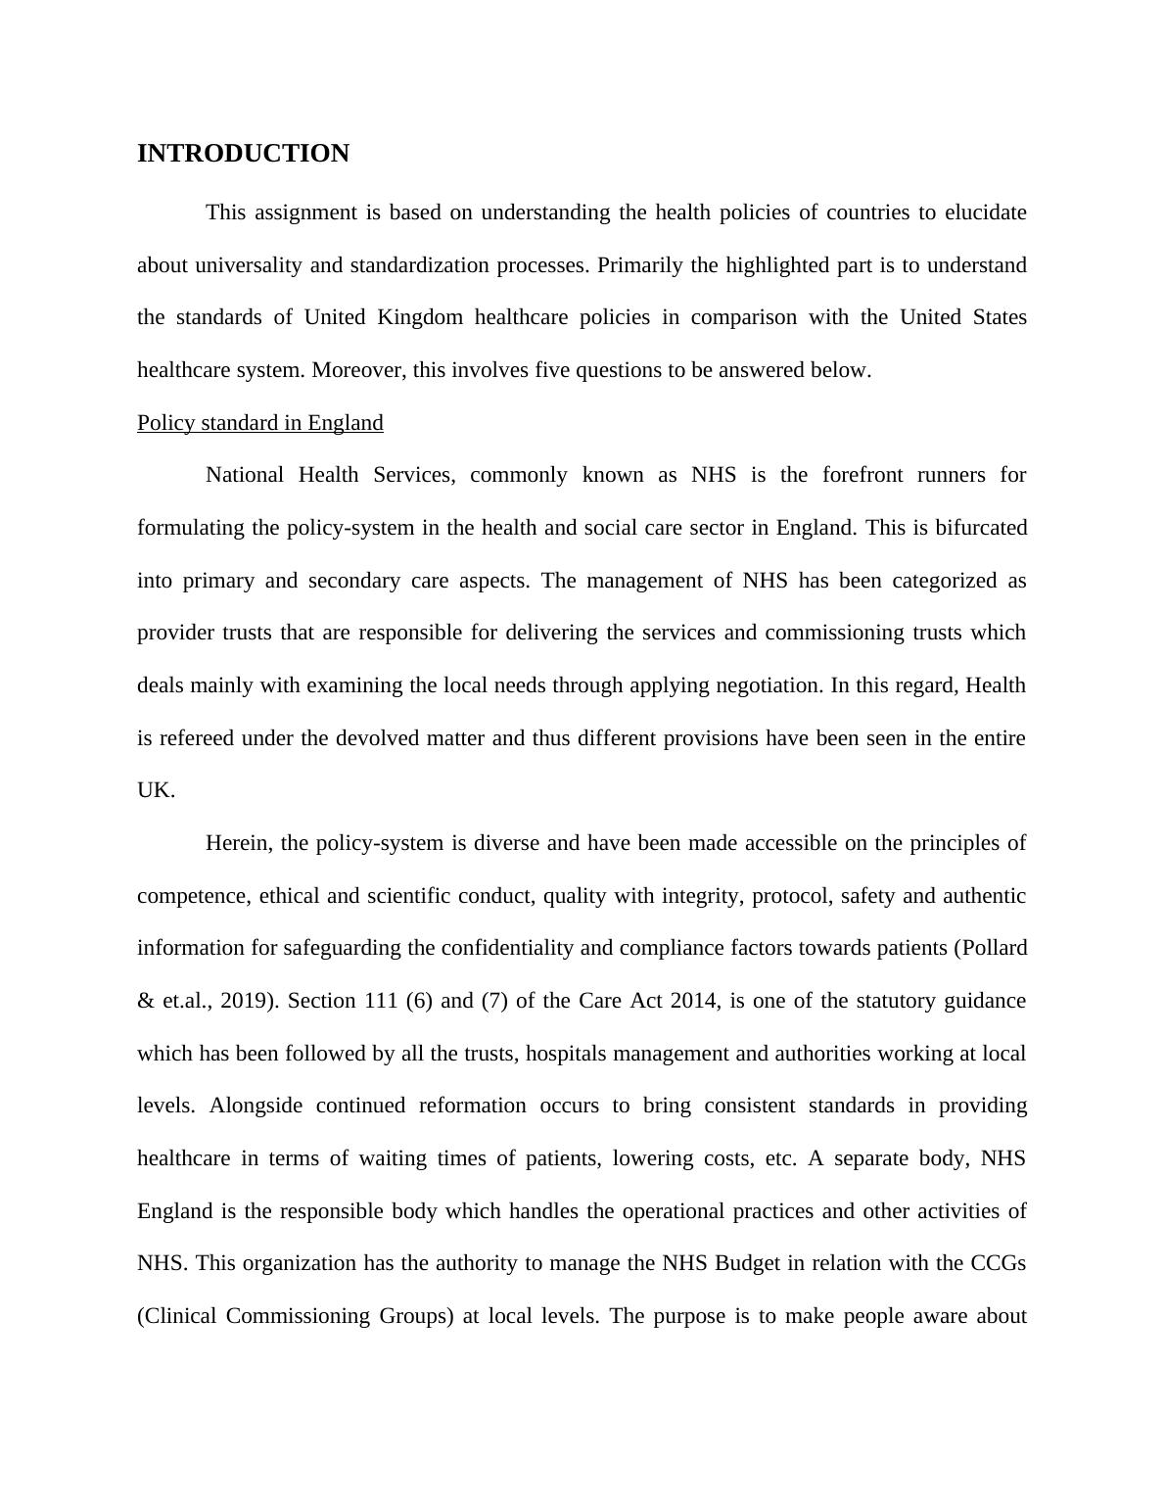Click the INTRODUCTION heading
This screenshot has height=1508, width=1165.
pyautogui.click(x=243, y=154)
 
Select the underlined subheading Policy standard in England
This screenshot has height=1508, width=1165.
pyautogui.click(x=259, y=423)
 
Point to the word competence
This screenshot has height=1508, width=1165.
pyautogui.click(x=192, y=896)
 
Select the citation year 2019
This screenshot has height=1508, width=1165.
pyautogui.click(x=247, y=1001)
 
